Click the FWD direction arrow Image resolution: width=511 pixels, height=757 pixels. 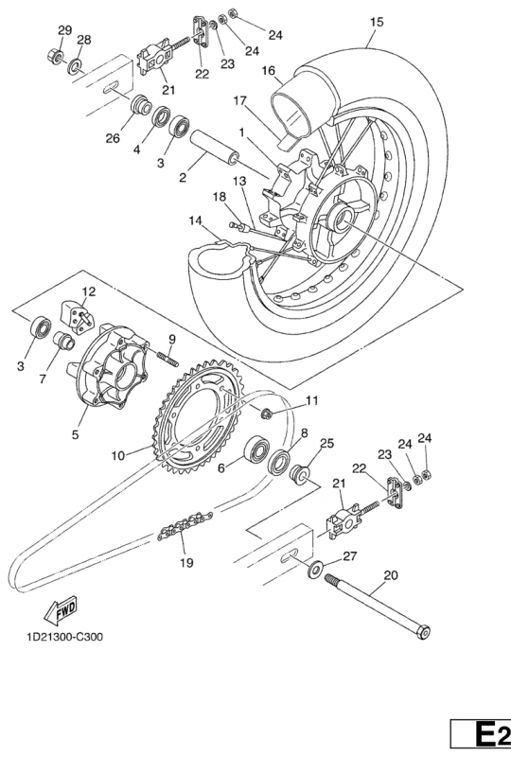[x=60, y=609]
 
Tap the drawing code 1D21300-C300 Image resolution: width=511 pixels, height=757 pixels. [x=64, y=637]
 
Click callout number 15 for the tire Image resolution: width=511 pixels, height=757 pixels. [x=377, y=22]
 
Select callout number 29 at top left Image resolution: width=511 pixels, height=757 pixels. [x=64, y=30]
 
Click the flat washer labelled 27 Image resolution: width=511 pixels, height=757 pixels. [x=315, y=570]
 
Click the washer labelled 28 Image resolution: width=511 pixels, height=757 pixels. [x=75, y=64]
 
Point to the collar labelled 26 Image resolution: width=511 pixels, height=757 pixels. [x=140, y=105]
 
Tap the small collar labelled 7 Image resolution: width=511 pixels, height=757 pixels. [x=65, y=341]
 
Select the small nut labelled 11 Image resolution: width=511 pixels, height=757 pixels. [x=267, y=413]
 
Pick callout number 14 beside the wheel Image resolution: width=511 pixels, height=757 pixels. [x=195, y=220]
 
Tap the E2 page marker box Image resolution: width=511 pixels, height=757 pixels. [x=481, y=734]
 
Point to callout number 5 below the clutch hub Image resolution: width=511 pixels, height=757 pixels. [x=75, y=434]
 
